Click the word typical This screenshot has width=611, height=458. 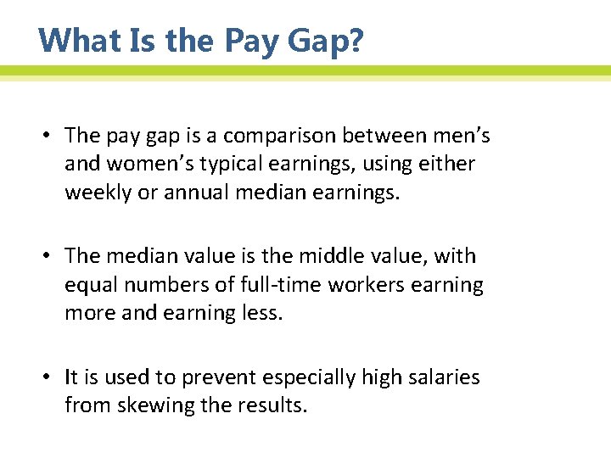click(233, 163)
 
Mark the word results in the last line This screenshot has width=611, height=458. click(273, 405)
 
